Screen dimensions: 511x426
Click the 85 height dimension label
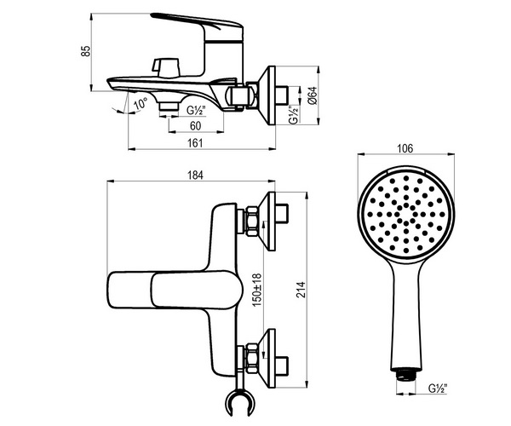pos(85,51)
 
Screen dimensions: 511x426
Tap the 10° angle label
pos(141,104)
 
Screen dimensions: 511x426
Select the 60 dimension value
pos(196,126)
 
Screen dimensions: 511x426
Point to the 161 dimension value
pos(196,143)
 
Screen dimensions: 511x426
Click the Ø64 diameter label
pos(312,95)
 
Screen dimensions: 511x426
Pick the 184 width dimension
pos(195,176)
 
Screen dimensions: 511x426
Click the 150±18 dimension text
pos(257,290)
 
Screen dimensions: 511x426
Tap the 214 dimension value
pos(301,290)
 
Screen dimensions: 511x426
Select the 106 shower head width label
pos(405,148)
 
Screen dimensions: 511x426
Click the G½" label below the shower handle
pos(438,389)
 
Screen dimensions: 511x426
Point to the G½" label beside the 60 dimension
pos(197,111)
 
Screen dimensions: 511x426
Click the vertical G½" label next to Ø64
pos(294,115)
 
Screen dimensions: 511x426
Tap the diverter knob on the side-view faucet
pos(166,67)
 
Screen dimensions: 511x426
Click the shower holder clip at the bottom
pos(240,403)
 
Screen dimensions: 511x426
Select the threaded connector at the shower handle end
pos(405,375)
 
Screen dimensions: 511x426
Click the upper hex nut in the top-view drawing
pos(252,221)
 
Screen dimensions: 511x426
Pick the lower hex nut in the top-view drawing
pos(252,358)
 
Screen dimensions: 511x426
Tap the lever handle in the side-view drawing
pos(198,25)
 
